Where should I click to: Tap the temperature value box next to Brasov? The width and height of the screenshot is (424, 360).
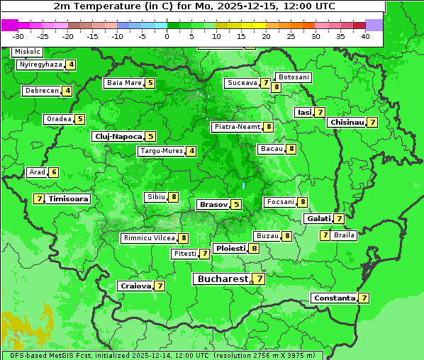[x=236, y=205]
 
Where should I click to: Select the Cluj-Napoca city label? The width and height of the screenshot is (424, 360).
[x=118, y=136]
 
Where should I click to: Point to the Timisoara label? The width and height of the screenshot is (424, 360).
[x=69, y=199]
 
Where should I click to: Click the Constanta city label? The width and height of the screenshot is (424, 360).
[x=333, y=298]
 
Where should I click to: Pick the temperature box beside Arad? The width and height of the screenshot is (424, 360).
[x=54, y=172]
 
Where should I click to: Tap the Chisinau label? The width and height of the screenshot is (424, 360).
[x=347, y=123]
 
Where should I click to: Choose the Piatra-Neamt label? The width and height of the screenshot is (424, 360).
[x=237, y=127]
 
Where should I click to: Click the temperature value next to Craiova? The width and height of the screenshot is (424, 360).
[x=160, y=286]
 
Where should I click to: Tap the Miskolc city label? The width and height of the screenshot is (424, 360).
[x=27, y=52]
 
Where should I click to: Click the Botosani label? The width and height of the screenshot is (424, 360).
[x=294, y=77]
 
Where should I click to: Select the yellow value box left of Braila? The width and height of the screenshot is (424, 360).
[x=325, y=235]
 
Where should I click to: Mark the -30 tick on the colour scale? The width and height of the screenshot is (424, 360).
[x=18, y=35]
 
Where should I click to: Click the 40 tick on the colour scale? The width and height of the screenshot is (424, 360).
[x=365, y=35]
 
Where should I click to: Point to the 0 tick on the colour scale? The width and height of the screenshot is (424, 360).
[x=167, y=35]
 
